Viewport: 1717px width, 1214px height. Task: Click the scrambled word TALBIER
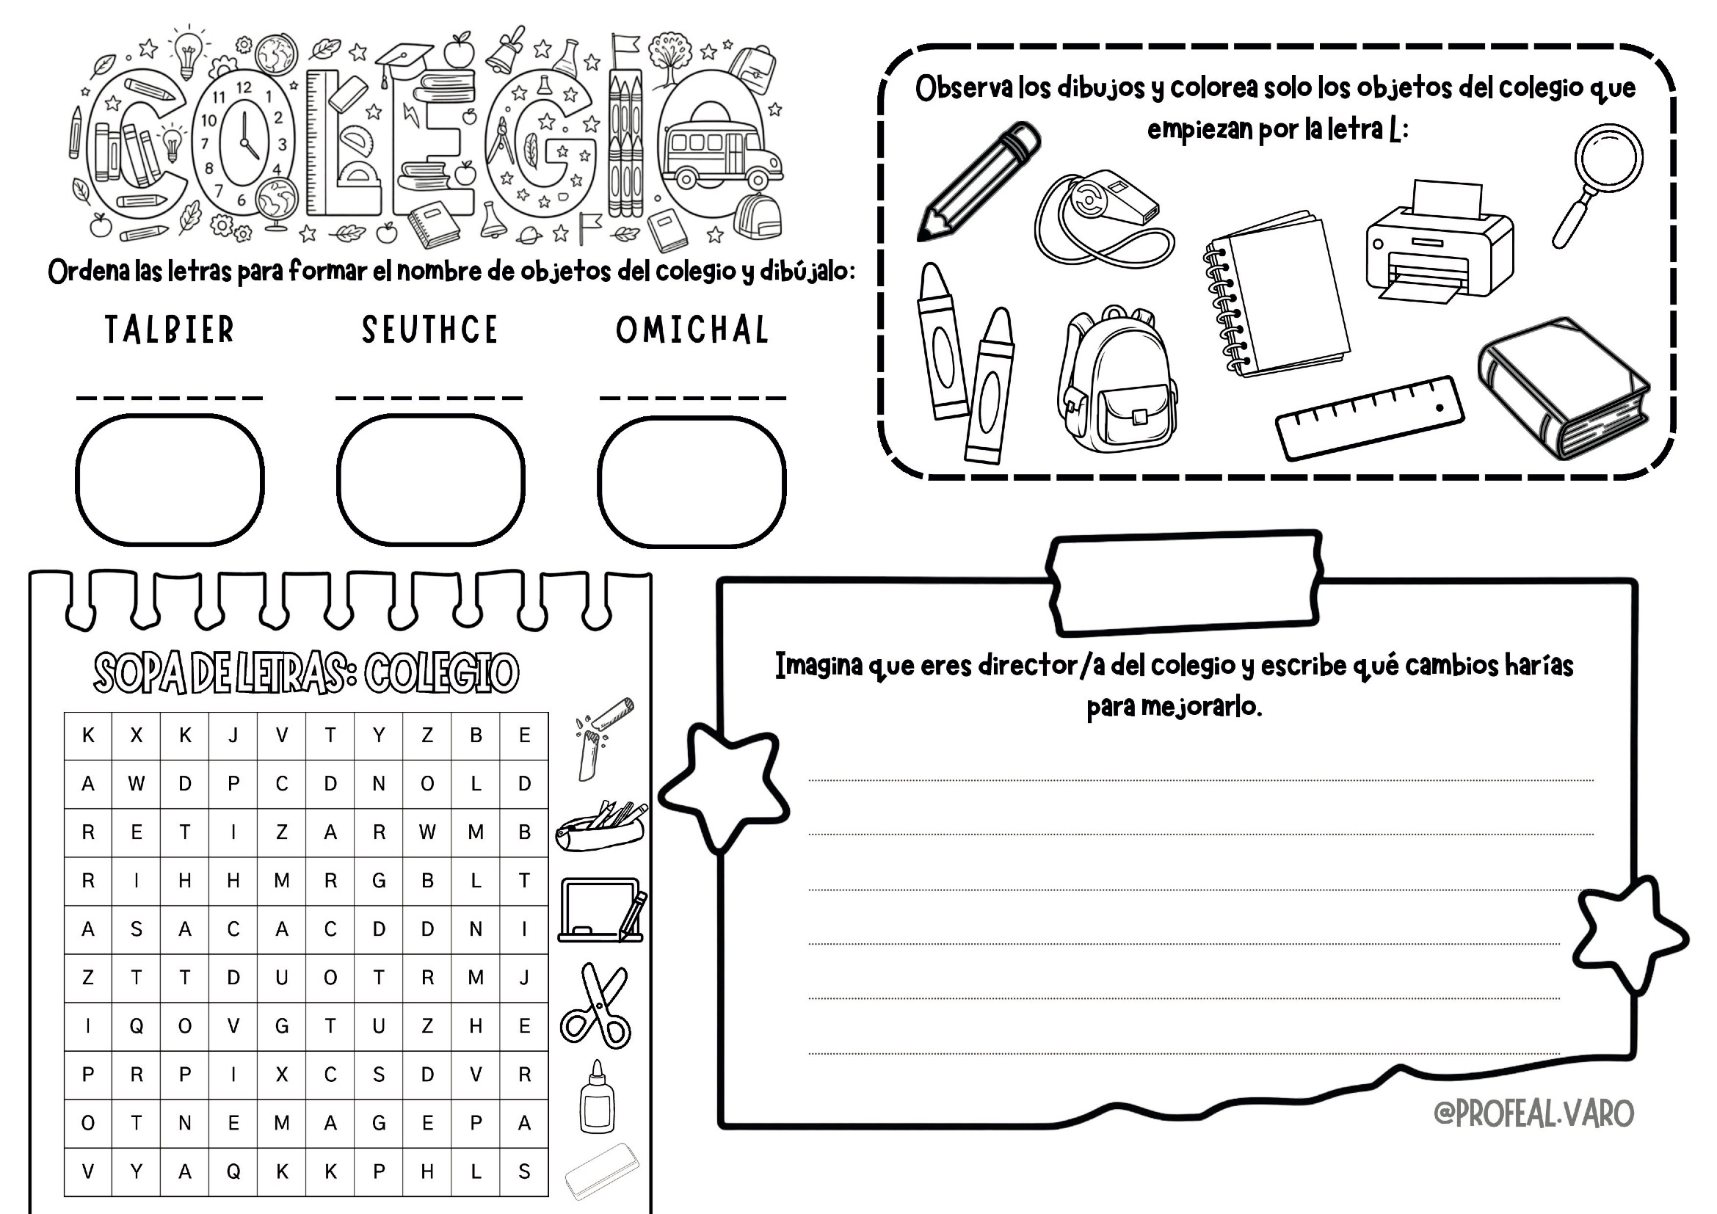pyautogui.click(x=170, y=330)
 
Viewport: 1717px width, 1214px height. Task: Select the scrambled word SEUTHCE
pyautogui.click(x=430, y=330)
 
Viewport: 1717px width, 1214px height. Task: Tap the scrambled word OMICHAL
pyautogui.click(x=692, y=330)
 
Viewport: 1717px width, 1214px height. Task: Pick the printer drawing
pyautogui.click(x=1440, y=241)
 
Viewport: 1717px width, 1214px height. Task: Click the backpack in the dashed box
pyautogui.click(x=1117, y=379)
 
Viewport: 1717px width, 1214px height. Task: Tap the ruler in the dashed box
pyautogui.click(x=1369, y=418)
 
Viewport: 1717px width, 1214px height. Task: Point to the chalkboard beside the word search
pyautogui.click(x=601, y=910)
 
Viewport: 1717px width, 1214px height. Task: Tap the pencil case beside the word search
pyautogui.click(x=600, y=826)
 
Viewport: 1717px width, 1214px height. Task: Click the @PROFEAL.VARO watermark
pyautogui.click(x=1533, y=1113)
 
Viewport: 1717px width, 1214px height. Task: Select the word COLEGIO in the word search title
pyautogui.click(x=441, y=673)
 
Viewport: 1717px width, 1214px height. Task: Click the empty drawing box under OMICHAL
pyautogui.click(x=691, y=481)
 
